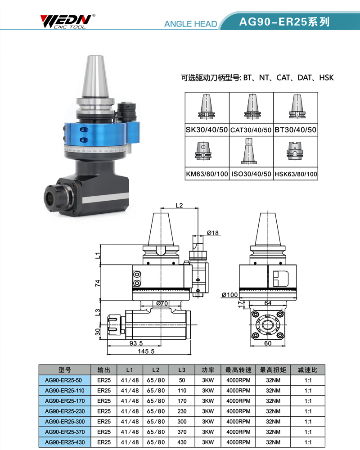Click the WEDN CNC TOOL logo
coord(68,21)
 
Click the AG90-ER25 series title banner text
coord(284,22)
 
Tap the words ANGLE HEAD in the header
coord(190,24)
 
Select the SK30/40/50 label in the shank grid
coord(207,130)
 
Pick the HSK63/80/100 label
coord(296,174)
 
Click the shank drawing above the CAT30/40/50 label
coord(252,106)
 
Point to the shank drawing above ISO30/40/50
coord(248,151)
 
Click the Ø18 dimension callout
coord(213,233)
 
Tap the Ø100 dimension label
coord(229,295)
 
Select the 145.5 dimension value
coord(146,351)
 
